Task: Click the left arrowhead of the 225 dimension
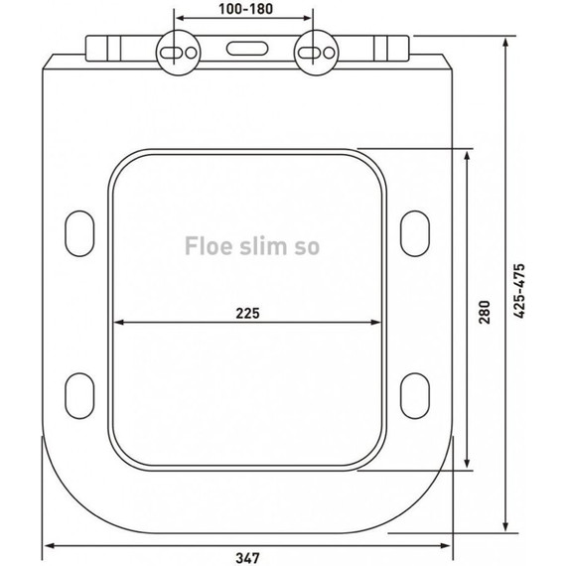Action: (x=117, y=323)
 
